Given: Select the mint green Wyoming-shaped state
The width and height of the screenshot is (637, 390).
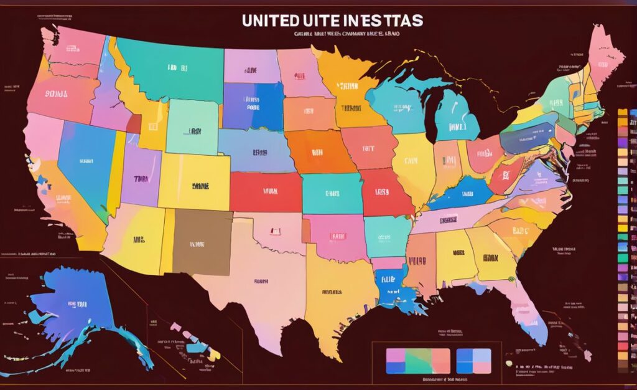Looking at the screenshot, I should coord(192,127).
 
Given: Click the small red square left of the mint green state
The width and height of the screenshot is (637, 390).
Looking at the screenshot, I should coord(133,123).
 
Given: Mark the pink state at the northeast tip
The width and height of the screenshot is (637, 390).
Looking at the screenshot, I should coord(605,53).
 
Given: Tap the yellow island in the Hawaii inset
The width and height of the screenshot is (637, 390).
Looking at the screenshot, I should coord(214,353).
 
